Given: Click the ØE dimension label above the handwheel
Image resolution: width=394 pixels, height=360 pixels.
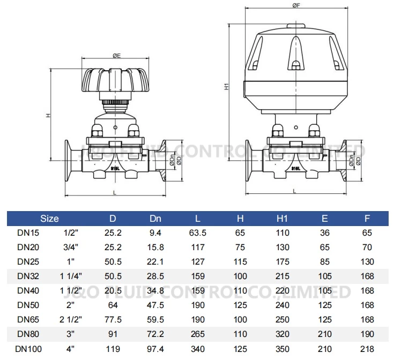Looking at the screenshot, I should coord(116,55).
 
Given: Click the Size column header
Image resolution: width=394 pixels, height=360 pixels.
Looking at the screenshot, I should coord(49,219).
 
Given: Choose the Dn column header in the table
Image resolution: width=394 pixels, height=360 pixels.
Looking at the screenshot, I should coord(155,219).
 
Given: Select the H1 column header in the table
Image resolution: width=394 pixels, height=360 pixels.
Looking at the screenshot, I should coord(283,219).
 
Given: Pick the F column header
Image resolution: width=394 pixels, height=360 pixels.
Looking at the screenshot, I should coord(367,219).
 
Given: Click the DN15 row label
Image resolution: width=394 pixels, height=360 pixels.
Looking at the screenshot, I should coord(27,233).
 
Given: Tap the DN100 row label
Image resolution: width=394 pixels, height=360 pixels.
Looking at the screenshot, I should coord(27,349).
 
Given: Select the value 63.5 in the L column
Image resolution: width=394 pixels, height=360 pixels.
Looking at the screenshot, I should coord(198,233).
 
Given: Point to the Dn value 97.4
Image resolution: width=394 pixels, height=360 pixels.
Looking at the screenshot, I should coord(155,349).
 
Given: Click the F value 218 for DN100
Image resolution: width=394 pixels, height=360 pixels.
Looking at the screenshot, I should coord(367,349).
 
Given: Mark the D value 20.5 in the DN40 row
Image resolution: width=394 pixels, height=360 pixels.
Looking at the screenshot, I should coord(113,291).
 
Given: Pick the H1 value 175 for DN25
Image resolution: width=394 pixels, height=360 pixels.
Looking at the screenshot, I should coord(283,262).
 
